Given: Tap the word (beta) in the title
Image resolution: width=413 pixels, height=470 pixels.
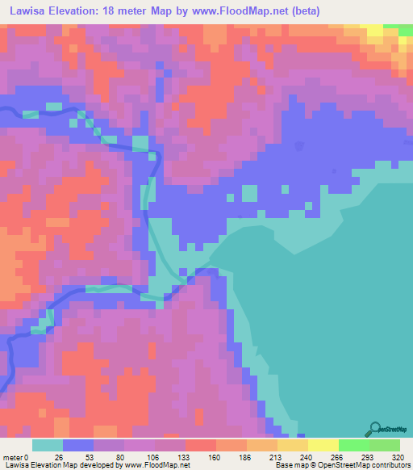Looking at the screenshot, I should [304, 11].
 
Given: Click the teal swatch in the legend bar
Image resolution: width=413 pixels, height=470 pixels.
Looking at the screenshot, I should [48, 445].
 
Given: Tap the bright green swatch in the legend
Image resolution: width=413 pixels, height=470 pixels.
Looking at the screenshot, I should [353, 445].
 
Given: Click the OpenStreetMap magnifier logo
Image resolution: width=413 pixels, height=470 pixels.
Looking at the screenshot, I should [375, 428].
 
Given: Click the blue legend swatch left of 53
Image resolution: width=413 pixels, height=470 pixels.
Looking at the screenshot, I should [78, 445].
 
